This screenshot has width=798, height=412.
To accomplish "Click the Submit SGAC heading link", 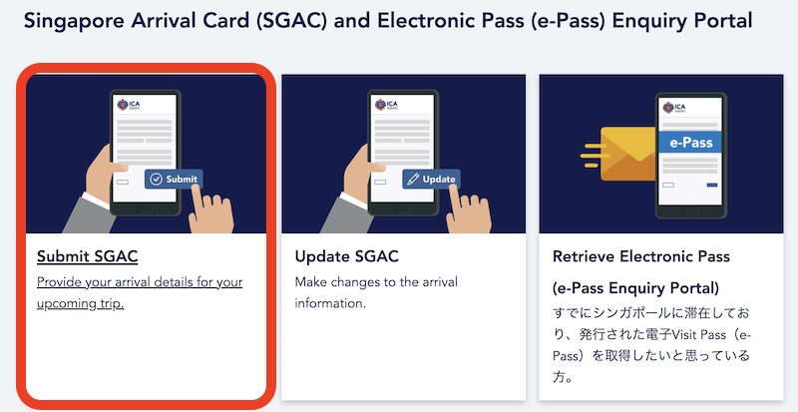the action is (88, 256).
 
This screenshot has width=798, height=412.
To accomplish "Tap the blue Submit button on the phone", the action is (174, 179).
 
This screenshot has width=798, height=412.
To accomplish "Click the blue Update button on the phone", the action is (432, 179).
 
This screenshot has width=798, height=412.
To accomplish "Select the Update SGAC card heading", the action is (346, 256).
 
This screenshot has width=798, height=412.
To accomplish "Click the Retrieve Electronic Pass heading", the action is (641, 256).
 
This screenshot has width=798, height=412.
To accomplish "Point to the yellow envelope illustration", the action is (628, 154).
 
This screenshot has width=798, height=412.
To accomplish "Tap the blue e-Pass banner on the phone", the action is (690, 142).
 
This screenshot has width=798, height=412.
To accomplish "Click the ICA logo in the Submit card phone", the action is (129, 105).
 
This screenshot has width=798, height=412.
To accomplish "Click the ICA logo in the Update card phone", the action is (387, 105).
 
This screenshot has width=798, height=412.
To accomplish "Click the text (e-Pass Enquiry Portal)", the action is (635, 288).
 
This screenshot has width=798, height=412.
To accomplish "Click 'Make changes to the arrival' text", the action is (377, 281).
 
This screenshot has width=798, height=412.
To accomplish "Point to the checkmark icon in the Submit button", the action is (157, 180).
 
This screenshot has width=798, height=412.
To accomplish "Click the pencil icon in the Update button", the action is (413, 180).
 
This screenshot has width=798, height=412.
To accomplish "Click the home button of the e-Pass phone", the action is (690, 211).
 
